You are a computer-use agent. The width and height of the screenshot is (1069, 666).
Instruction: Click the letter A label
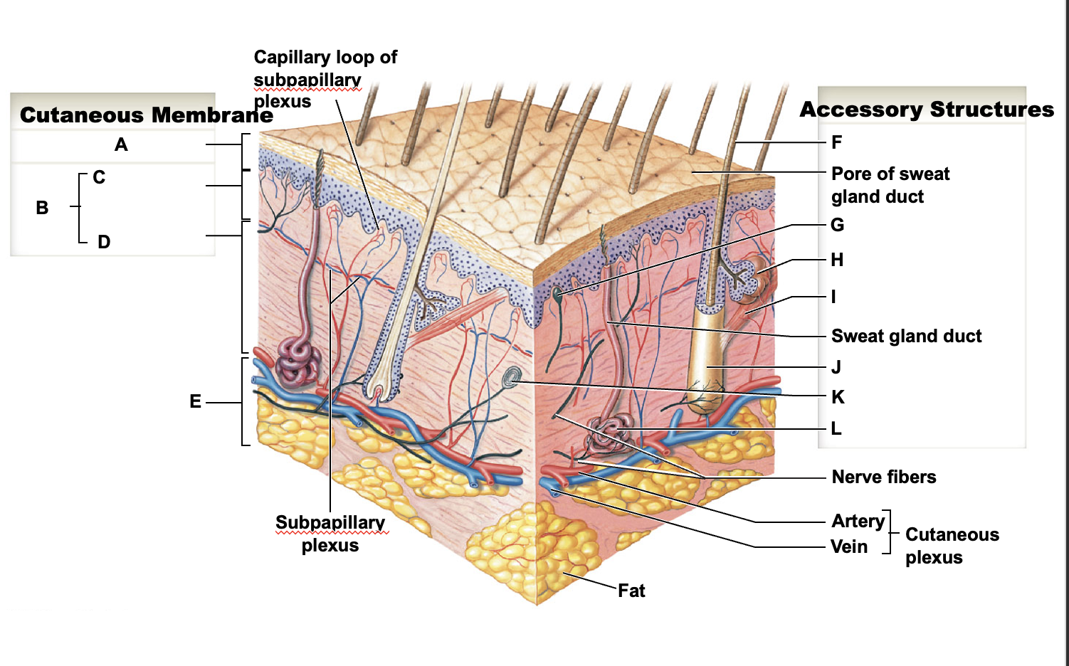coord(121,144)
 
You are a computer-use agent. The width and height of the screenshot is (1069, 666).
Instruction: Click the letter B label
coord(42,208)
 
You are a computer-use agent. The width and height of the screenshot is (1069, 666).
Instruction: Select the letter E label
coord(195,402)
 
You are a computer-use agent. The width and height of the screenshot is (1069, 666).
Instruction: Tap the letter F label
coord(836,142)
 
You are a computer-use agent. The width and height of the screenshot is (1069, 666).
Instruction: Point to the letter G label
coord(838,225)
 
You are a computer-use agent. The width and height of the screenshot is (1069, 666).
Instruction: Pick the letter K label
coord(838,397)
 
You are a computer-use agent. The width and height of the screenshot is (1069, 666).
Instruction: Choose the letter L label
coord(836,428)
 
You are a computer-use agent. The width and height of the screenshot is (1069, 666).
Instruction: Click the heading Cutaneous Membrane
coord(147,115)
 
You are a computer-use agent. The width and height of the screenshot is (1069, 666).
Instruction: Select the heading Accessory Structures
coord(927,110)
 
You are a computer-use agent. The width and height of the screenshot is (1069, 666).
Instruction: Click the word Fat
coord(631,591)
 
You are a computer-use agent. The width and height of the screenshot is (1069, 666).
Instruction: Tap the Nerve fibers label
coord(884,477)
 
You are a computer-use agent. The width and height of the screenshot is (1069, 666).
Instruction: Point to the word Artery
coord(858,521)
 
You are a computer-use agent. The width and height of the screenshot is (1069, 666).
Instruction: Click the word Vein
coord(849,546)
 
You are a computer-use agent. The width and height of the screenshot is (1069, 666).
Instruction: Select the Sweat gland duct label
coord(906,336)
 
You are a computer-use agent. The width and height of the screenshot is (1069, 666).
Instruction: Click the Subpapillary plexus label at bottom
coord(330,534)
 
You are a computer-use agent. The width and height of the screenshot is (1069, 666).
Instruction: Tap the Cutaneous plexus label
coord(952,546)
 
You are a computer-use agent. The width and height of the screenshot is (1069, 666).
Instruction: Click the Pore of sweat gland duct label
coord(890,185)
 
